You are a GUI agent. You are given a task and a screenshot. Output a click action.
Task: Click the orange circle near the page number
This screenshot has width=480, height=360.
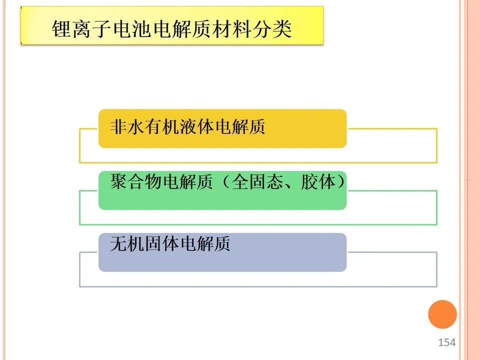pos(442,314)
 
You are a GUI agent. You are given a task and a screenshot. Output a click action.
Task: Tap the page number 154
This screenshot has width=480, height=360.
pos(446,342)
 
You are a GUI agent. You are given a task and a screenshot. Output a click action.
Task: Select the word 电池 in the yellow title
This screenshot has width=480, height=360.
pos(132,29)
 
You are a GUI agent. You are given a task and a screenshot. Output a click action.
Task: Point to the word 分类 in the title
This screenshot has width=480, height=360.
pos(272,29)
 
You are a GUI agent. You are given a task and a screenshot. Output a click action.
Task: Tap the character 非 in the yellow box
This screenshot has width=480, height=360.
pos(119,126)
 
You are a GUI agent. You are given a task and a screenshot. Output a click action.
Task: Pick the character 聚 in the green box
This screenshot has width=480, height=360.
pos(119,181)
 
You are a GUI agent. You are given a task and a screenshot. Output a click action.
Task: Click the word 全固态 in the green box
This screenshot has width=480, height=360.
pos(257,181)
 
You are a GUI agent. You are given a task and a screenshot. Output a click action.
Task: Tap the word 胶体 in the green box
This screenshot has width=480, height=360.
pos(318,181)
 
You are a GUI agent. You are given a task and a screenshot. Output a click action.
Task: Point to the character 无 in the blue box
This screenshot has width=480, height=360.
pos(119,243)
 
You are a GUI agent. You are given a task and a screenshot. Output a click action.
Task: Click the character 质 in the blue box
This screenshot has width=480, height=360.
pos(222,243)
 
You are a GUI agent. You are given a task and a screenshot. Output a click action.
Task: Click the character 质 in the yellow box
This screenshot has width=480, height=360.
pos(257,126)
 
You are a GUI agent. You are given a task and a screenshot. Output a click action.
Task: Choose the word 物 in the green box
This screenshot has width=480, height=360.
pos(153,181)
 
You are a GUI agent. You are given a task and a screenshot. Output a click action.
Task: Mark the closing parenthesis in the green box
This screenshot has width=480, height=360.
pos(340,181)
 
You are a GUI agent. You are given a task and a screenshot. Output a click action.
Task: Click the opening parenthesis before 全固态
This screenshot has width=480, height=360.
pos(225,181)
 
